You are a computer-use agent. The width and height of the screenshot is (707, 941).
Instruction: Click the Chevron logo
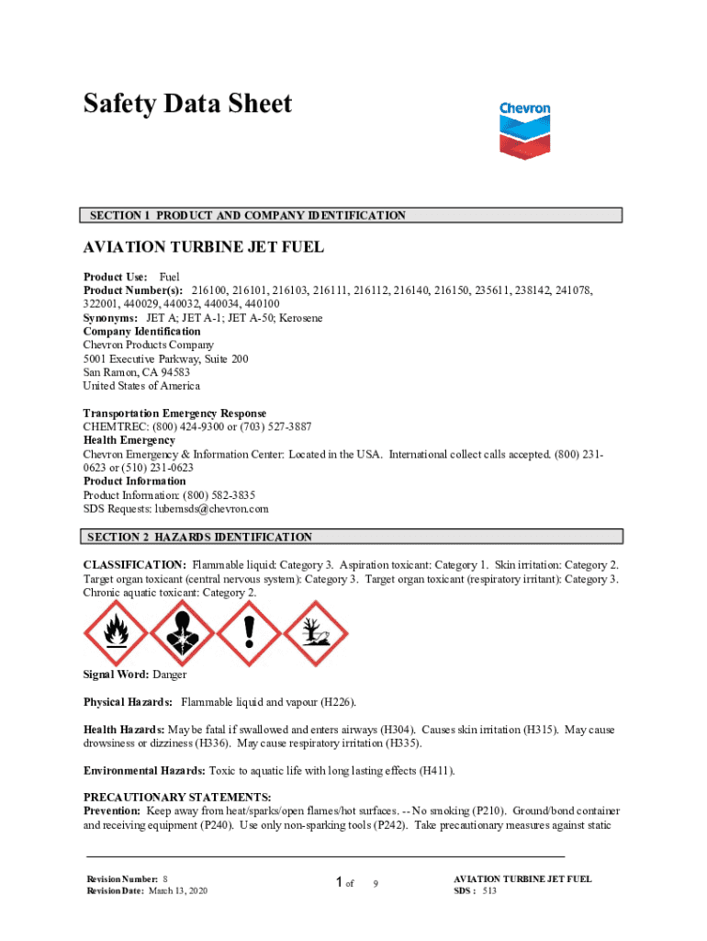[x=525, y=131]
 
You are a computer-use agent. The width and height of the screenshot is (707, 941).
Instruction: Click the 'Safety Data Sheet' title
[x=187, y=104]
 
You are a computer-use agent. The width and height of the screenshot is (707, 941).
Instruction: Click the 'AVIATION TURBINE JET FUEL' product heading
[x=204, y=248]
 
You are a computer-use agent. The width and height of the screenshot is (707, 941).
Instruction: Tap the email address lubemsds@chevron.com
[x=212, y=508]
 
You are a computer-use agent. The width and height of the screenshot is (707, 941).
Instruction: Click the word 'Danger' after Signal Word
[x=170, y=675]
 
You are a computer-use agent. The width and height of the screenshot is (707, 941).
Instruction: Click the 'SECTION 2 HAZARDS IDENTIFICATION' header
[x=199, y=537]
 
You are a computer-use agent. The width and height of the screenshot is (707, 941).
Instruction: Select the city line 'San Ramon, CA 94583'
[x=137, y=372]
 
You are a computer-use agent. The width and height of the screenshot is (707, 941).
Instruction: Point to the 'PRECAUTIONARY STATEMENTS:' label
[x=177, y=797]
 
